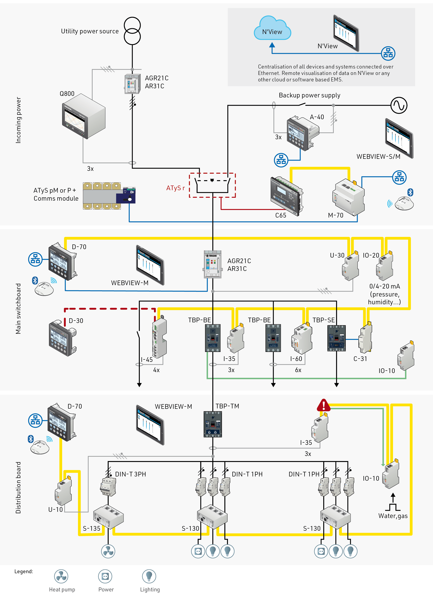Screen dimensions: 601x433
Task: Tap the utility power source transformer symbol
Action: click(132, 31)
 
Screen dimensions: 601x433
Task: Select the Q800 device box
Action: click(84, 116)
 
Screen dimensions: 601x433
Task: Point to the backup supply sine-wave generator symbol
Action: click(399, 105)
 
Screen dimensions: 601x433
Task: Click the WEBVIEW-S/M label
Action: click(378, 157)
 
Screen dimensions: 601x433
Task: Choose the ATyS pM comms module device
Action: click(109, 196)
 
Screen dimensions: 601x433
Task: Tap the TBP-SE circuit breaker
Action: click(336, 338)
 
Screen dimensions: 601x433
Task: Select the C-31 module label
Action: click(360, 359)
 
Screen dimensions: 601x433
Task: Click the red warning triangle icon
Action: click(323, 405)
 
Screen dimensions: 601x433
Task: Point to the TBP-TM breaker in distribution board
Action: click(213, 424)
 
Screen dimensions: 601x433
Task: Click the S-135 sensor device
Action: click(108, 516)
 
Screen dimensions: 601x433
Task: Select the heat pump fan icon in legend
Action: click(61, 576)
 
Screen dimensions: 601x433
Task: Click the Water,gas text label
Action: click(393, 516)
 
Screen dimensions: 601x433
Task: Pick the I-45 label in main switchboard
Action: click(147, 360)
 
